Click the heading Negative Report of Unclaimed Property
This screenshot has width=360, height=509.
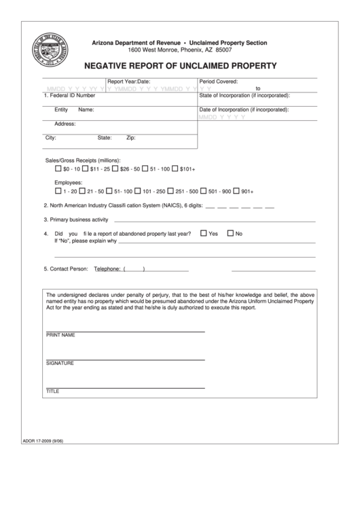pyautogui.click(x=180, y=66)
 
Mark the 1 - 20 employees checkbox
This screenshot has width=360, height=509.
pyautogui.click(x=58, y=191)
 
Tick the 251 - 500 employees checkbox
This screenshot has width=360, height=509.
pyautogui.click(x=171, y=191)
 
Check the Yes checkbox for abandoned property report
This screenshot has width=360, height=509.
pyautogui.click(x=203, y=233)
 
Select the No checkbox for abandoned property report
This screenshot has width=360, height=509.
pyautogui.click(x=230, y=233)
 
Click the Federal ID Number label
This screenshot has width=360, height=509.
pyautogui.click(x=69, y=96)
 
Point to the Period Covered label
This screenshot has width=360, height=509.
pyautogui.click(x=218, y=81)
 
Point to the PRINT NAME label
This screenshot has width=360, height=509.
pyautogui.click(x=60, y=336)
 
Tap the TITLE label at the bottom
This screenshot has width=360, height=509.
pyautogui.click(x=53, y=392)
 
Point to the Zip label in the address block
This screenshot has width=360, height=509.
pyautogui.click(x=132, y=137)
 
